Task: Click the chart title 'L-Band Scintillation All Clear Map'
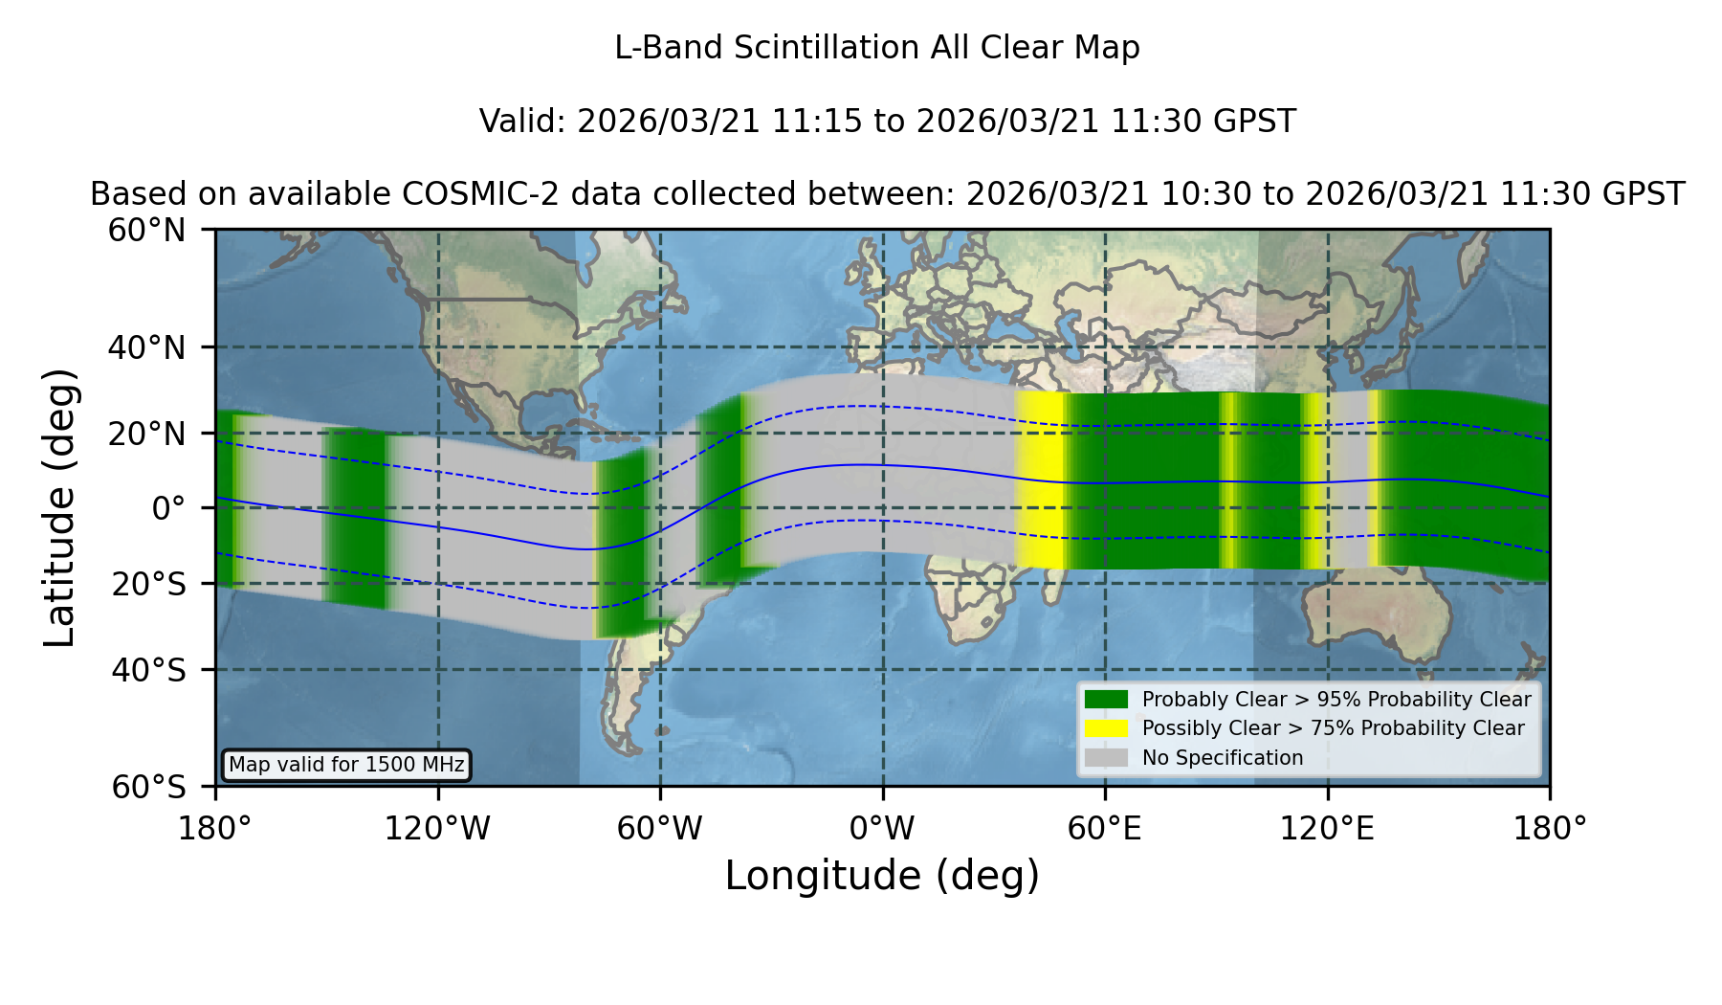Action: (x=876, y=48)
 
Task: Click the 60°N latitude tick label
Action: (x=147, y=231)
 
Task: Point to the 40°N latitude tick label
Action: (x=147, y=347)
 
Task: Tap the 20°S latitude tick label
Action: (x=149, y=584)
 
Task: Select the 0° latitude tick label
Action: (x=169, y=508)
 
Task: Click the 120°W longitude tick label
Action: (x=437, y=828)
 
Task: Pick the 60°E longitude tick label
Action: (x=1105, y=828)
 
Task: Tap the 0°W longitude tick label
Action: (x=882, y=828)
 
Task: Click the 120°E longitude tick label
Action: (x=1327, y=828)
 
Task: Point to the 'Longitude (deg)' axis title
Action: (x=882, y=876)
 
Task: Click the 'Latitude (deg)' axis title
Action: (x=59, y=507)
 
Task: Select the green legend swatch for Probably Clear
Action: (x=1107, y=700)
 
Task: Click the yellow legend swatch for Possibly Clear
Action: (x=1107, y=728)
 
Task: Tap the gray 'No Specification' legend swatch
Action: (x=1107, y=758)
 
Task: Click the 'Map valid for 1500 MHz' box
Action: (x=346, y=765)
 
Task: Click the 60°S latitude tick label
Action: (x=149, y=788)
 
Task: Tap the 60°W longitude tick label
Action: (x=660, y=828)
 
